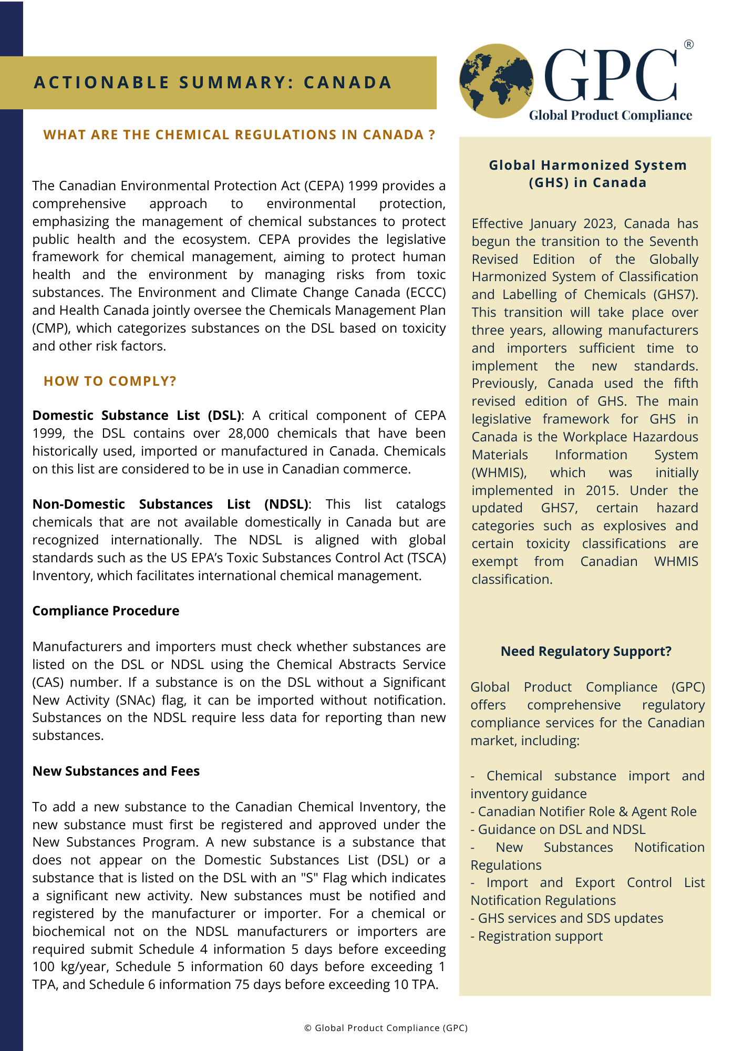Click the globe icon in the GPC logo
[x=496, y=80]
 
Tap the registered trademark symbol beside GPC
[x=688, y=45]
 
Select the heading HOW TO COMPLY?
[x=110, y=381]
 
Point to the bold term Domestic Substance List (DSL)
[x=137, y=416]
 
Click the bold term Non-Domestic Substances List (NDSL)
[x=170, y=504]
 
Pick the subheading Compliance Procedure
[x=106, y=611]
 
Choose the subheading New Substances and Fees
[x=116, y=771]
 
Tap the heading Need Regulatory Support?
[x=586, y=652]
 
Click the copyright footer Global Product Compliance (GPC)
[x=386, y=1028]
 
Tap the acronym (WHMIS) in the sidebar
[x=499, y=473]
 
